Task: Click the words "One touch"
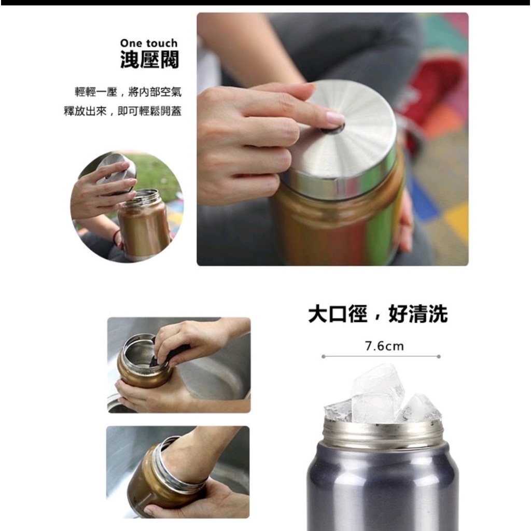[x=149, y=43]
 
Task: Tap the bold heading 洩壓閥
[x=149, y=60]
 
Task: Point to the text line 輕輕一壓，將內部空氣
[x=128, y=92]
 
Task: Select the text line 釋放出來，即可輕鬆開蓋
[x=122, y=111]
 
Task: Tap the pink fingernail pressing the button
[x=335, y=118]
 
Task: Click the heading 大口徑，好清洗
[x=378, y=314]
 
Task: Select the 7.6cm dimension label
[x=384, y=346]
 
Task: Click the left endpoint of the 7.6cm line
[x=324, y=356]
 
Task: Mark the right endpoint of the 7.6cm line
[x=439, y=356]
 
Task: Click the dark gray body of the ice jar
[x=383, y=487]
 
